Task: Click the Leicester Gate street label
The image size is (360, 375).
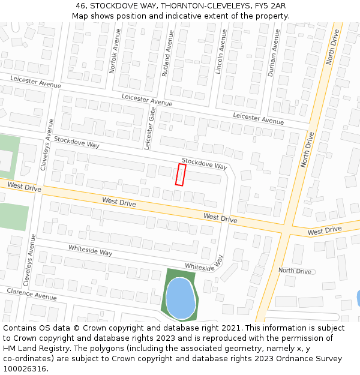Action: [x=151, y=129]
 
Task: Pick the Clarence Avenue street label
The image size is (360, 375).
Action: [x=32, y=294]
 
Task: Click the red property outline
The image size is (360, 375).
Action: [x=180, y=174]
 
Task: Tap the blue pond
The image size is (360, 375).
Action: [x=180, y=298]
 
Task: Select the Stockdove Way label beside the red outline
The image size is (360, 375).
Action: [x=204, y=163]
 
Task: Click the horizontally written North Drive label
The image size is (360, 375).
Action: [x=295, y=271]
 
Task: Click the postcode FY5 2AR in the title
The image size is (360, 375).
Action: [x=269, y=5]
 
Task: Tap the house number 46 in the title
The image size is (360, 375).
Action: [x=80, y=5]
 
